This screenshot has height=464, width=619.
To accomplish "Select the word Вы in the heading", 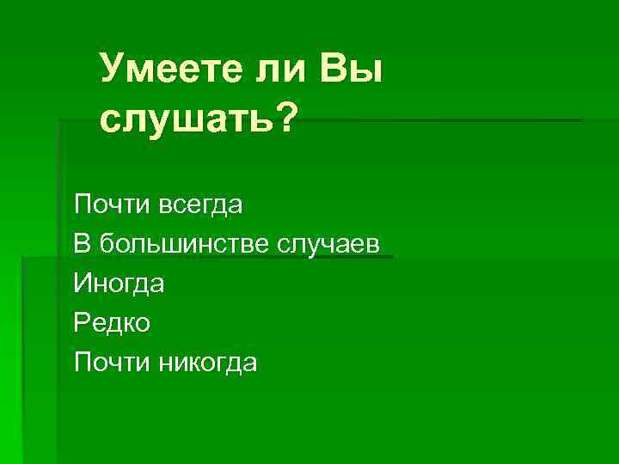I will point(349,68).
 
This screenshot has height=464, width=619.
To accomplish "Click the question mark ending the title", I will point(282,117).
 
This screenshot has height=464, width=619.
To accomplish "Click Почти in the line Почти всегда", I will point(104,205).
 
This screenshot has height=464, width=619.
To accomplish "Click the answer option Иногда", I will point(119,283).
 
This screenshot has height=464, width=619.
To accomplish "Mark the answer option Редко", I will point(112,323).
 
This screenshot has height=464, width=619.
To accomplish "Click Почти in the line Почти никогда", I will point(104,362).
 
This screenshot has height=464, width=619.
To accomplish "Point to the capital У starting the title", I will point(111,69).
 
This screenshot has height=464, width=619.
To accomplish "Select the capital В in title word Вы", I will point(333,68).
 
